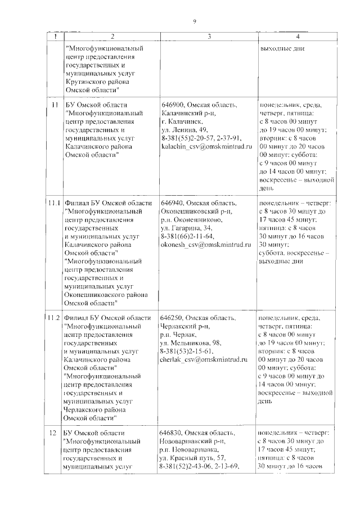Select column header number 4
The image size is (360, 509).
pos(297,37)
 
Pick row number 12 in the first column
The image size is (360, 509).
pos(53,432)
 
